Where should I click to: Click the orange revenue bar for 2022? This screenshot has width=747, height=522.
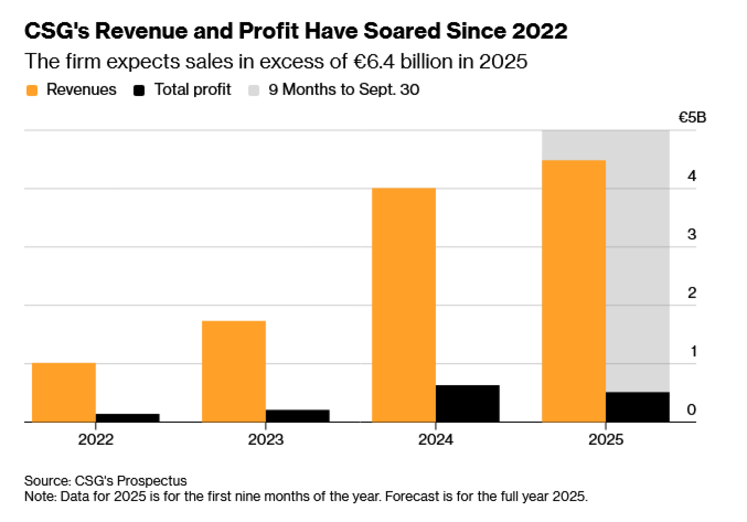pyautogui.click(x=64, y=392)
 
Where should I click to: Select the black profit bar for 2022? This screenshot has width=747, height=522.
pyautogui.click(x=128, y=418)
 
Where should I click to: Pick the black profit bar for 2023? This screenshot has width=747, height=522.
pyautogui.click(x=298, y=416)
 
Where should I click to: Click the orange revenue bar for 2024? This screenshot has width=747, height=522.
pyautogui.click(x=404, y=305)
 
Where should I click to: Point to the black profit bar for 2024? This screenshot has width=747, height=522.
pyautogui.click(x=468, y=404)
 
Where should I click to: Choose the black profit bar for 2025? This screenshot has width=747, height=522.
pyautogui.click(x=638, y=407)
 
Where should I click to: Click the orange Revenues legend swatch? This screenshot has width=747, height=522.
pyautogui.click(x=32, y=90)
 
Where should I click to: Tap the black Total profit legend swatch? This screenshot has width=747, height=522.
pyautogui.click(x=139, y=90)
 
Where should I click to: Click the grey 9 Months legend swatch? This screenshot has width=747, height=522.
pyautogui.click(x=254, y=90)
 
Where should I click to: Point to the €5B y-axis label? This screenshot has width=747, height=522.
pyautogui.click(x=692, y=118)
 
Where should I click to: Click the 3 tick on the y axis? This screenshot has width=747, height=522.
pyautogui.click(x=692, y=234)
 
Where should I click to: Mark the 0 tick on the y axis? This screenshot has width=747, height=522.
pyautogui.click(x=691, y=410)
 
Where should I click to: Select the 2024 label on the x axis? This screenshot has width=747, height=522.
pyautogui.click(x=436, y=439)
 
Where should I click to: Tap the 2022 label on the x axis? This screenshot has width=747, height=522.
pyautogui.click(x=96, y=439)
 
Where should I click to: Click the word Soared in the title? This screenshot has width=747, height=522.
pyautogui.click(x=402, y=31)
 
